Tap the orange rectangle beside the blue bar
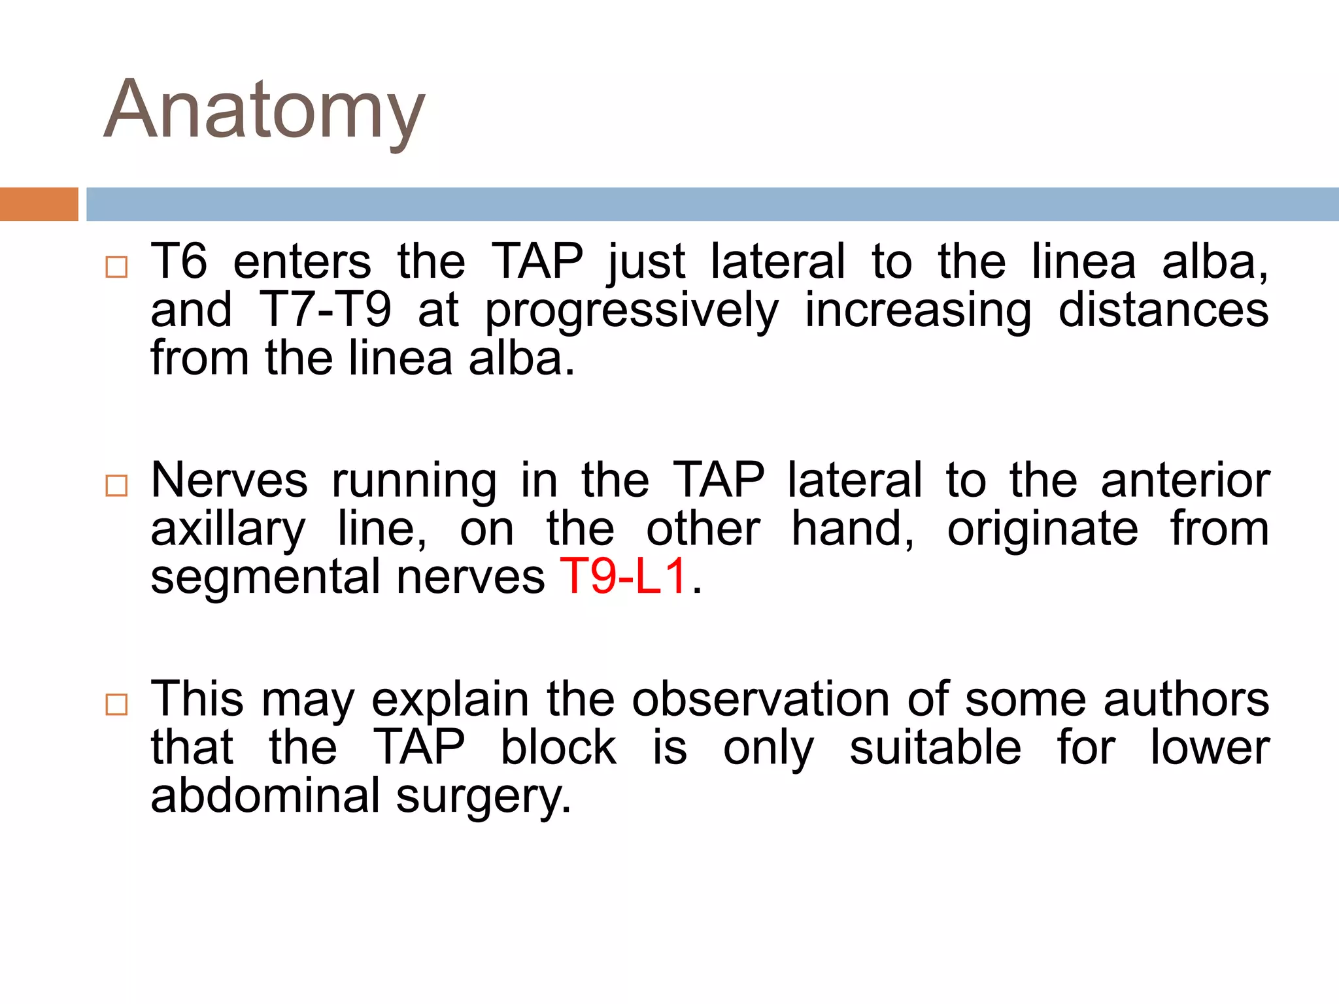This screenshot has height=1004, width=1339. pos(39,204)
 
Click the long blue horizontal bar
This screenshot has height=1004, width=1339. pos(712,204)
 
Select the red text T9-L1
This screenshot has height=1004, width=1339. pos(623,577)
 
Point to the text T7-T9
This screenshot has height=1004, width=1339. pos(326,310)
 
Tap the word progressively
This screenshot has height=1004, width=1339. pos(632,311)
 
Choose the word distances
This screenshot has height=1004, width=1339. pos(1163,310)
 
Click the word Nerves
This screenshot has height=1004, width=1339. pos(229,480)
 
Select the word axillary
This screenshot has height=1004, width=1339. pos(228,529)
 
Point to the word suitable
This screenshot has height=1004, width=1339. pos(935,748)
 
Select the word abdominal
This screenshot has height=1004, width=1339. pos(265,795)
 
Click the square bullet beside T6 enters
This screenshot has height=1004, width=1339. pos(116,267)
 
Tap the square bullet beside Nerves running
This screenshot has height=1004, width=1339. pos(116,486)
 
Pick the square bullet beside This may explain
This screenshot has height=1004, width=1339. pos(116,705)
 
